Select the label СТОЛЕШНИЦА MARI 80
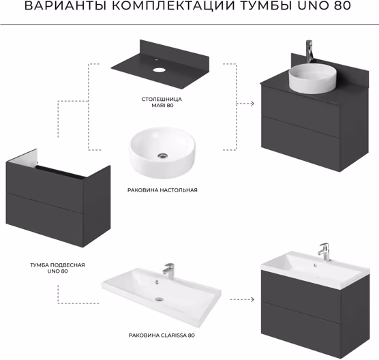click(162, 102)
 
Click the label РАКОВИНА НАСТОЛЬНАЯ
click(162, 190)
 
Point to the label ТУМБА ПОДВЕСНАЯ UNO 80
click(57, 268)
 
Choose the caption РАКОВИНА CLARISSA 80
click(162, 335)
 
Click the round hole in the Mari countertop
click(159, 70)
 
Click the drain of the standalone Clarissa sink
click(160, 299)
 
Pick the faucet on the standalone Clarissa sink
click(169, 271)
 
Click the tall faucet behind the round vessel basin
click(309, 51)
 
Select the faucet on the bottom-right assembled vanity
click(324, 252)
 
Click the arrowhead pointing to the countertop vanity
click(252, 104)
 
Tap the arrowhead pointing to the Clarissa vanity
click(252, 299)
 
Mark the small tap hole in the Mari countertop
click(156, 59)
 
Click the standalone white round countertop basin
click(162, 153)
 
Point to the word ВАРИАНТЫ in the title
click(65, 6)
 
